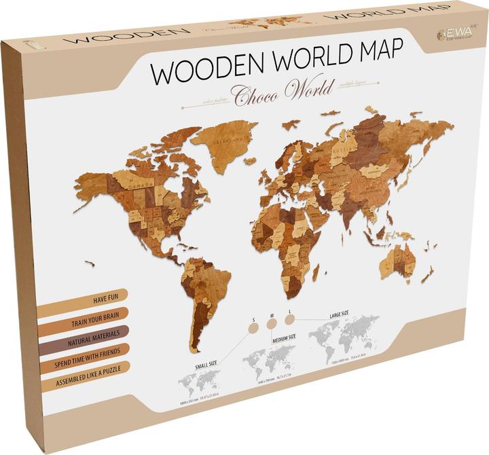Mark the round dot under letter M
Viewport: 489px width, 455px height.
(x=272, y=324)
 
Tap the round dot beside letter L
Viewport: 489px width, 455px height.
(x=290, y=317)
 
